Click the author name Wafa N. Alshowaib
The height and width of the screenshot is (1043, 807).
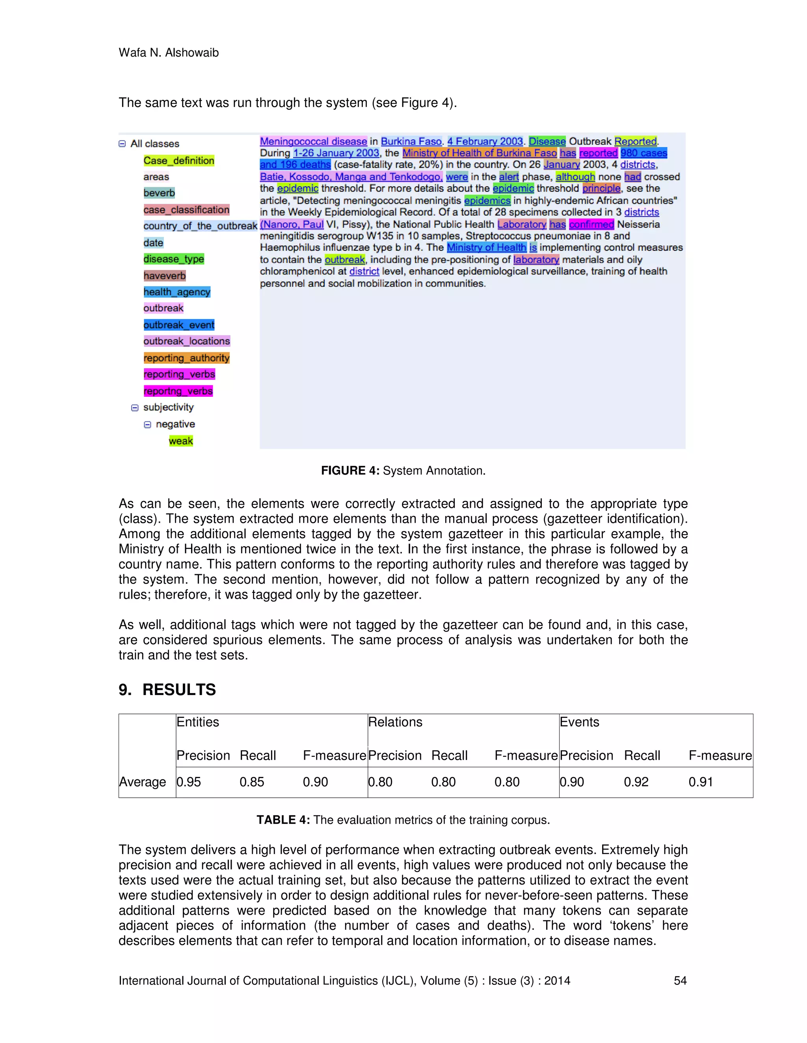pyautogui.click(x=168, y=52)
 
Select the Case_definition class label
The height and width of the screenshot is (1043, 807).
pyautogui.click(x=179, y=161)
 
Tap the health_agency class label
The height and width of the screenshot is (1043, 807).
pyautogui.click(x=177, y=292)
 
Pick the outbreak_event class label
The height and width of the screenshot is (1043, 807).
pyautogui.click(x=179, y=325)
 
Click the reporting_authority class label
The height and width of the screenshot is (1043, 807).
pyautogui.click(x=186, y=358)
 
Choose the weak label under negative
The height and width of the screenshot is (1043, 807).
pyautogui.click(x=181, y=441)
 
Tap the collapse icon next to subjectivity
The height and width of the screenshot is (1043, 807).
pyautogui.click(x=135, y=407)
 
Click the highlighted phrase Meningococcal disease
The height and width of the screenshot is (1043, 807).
pyautogui.click(x=313, y=141)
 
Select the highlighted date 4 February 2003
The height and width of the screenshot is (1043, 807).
pyautogui.click(x=485, y=141)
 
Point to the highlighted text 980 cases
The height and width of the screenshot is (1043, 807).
pyautogui.click(x=643, y=153)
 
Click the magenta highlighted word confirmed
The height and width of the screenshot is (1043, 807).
pyautogui.click(x=591, y=224)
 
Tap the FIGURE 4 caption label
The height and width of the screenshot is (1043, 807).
pyautogui.click(x=350, y=470)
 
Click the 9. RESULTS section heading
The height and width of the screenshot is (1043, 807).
pyautogui.click(x=167, y=689)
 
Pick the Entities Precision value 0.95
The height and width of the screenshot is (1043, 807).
pyautogui.click(x=188, y=782)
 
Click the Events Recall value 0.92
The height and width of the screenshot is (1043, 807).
pyautogui.click(x=636, y=782)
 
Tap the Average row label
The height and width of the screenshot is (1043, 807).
pyautogui.click(x=143, y=782)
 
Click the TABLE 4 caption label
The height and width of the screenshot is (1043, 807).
pyautogui.click(x=283, y=819)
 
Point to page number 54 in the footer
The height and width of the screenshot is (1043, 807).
pyautogui.click(x=680, y=980)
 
